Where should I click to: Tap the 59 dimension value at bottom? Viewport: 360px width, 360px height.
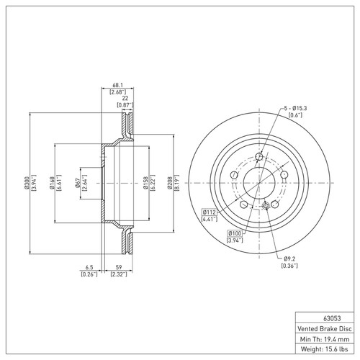(117, 266)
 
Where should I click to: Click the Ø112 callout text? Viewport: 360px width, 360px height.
(210, 212)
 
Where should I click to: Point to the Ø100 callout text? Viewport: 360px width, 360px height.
(235, 234)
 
